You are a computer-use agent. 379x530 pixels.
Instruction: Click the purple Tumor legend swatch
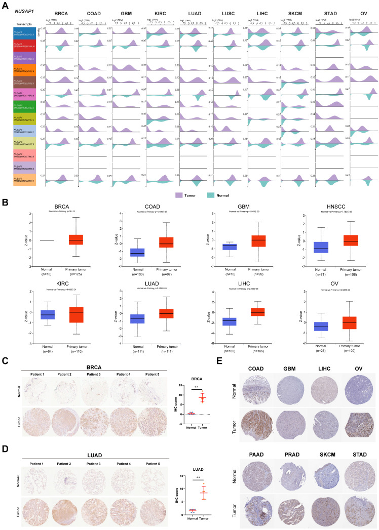pyautogui.click(x=178, y=194)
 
